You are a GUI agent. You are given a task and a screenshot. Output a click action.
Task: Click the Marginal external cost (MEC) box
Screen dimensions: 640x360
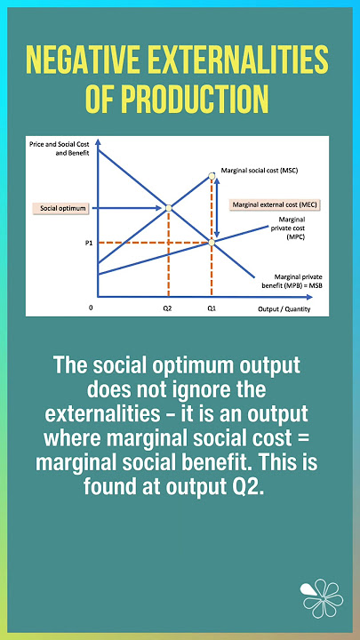pyautogui.click(x=276, y=204)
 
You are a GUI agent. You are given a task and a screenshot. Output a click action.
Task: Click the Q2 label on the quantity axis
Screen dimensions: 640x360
pyautogui.click(x=167, y=306)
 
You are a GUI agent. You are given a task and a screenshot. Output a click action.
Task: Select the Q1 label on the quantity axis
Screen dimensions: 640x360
pyautogui.click(x=212, y=306)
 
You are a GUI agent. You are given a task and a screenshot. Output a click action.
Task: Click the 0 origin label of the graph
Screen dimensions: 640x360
pyautogui.click(x=91, y=306)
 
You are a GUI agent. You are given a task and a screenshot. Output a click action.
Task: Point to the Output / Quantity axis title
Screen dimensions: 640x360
pyautogui.click(x=282, y=306)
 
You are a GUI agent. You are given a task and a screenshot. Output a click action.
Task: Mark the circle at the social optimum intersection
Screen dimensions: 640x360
pyautogui.click(x=168, y=208)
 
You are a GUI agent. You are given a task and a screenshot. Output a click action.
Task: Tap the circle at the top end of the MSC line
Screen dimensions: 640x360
pyautogui.click(x=212, y=174)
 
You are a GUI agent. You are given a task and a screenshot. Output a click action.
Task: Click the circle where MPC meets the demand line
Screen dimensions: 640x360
pyautogui.click(x=212, y=241)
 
